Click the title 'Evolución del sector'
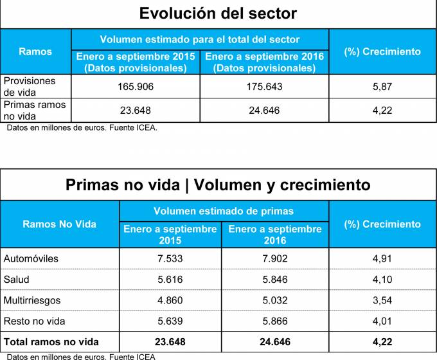pyautogui.click(x=218, y=14)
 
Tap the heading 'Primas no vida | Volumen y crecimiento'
pyautogui.click(x=218, y=184)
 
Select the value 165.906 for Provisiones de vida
pyautogui.click(x=136, y=86)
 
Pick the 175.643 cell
pyautogui.click(x=264, y=86)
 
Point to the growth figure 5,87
pyautogui.click(x=382, y=86)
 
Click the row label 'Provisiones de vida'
pyautogui.click(x=30, y=86)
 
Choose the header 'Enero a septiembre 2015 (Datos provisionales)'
pyautogui.click(x=136, y=62)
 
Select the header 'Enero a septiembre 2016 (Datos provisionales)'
pyautogui.click(x=264, y=62)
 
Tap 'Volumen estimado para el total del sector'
pyautogui.click(x=200, y=39)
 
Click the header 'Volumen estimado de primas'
pyautogui.click(x=224, y=211)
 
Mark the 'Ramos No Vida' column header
pyautogui.click(x=59, y=224)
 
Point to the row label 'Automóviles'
pyautogui.click(x=31, y=258)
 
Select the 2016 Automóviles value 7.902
pyautogui.click(x=274, y=258)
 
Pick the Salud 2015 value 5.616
pyautogui.click(x=170, y=280)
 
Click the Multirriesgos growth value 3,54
pyautogui.click(x=382, y=300)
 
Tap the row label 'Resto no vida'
pyautogui.click(x=35, y=320)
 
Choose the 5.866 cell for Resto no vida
pyautogui.click(x=274, y=320)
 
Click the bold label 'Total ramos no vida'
pyautogui.click(x=51, y=341)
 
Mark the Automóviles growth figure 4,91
pyautogui.click(x=382, y=258)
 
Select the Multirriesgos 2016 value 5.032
pyautogui.click(x=274, y=300)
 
